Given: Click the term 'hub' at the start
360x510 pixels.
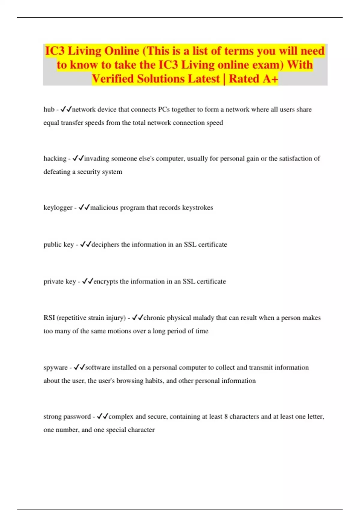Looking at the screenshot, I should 49,109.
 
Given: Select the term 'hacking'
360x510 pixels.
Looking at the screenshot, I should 55,158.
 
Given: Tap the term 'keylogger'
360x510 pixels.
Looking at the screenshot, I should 58,208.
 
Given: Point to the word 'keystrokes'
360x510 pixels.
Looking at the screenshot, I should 198,208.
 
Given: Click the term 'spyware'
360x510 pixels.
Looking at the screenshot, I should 55,367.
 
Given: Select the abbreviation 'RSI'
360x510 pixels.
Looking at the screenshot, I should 49,318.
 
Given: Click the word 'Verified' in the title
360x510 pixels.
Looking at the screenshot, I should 113,79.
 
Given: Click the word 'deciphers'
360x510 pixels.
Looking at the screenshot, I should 105,244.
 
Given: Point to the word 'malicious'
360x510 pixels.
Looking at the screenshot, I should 104,208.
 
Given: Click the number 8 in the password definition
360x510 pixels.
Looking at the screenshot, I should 226,416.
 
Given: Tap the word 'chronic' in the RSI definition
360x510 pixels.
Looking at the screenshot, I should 154,318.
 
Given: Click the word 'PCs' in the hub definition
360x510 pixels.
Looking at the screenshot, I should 164,109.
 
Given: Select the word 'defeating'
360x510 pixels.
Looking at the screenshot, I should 57,172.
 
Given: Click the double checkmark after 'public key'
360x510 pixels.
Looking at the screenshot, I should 85,244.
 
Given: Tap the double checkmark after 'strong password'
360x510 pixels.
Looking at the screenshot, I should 103,416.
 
